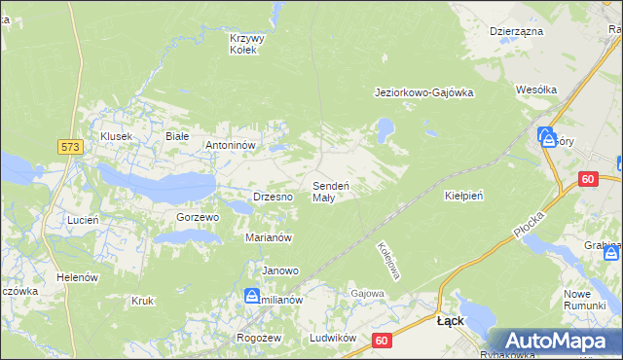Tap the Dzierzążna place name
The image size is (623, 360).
click(x=516, y=31)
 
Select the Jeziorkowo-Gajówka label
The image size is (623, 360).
click(x=423, y=93)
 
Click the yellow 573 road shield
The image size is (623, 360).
click(x=69, y=146)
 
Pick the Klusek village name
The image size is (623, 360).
click(x=115, y=137)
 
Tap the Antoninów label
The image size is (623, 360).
click(x=230, y=146)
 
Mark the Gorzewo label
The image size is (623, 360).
click(x=198, y=217)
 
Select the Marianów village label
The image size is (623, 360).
click(x=270, y=237)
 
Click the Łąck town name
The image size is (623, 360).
click(x=450, y=320)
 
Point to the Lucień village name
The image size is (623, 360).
click(x=83, y=221)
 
